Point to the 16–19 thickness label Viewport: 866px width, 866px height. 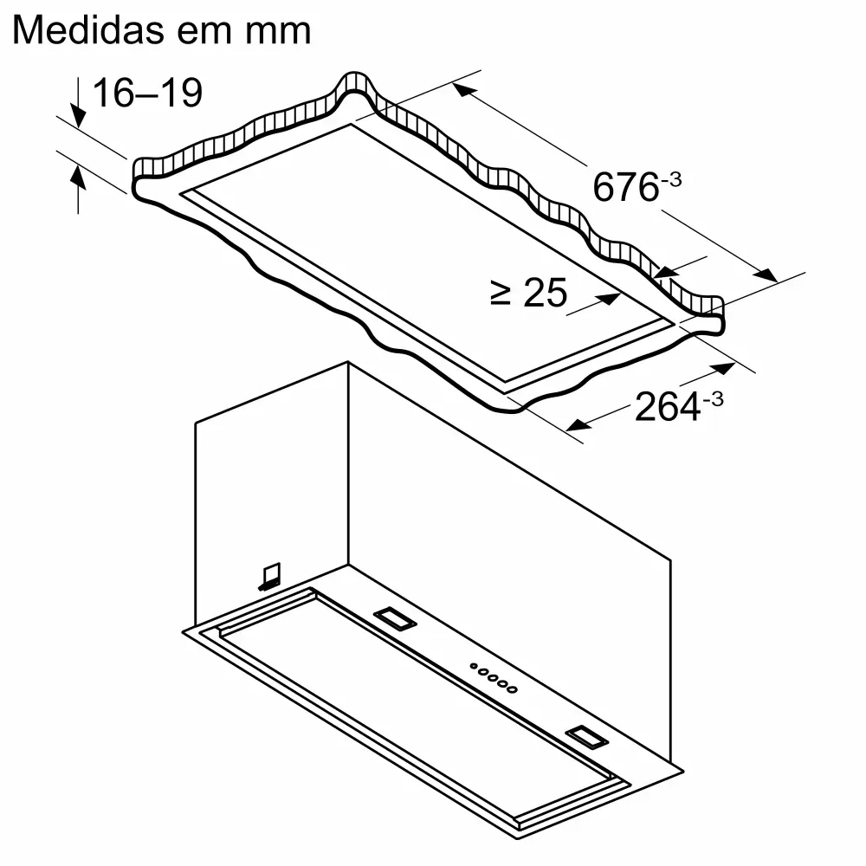pyautogui.click(x=147, y=93)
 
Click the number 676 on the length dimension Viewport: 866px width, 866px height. pyautogui.click(x=625, y=186)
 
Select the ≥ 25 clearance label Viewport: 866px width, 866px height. pyautogui.click(x=528, y=293)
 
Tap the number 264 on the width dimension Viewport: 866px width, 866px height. pyautogui.click(x=667, y=406)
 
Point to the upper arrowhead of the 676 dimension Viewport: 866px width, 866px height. pyautogui.click(x=464, y=89)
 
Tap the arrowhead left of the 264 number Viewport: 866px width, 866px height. pyautogui.click(x=578, y=424)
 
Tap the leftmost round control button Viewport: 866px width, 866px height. pyautogui.click(x=474, y=666)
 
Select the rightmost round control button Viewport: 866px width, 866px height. pyautogui.click(x=514, y=690)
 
